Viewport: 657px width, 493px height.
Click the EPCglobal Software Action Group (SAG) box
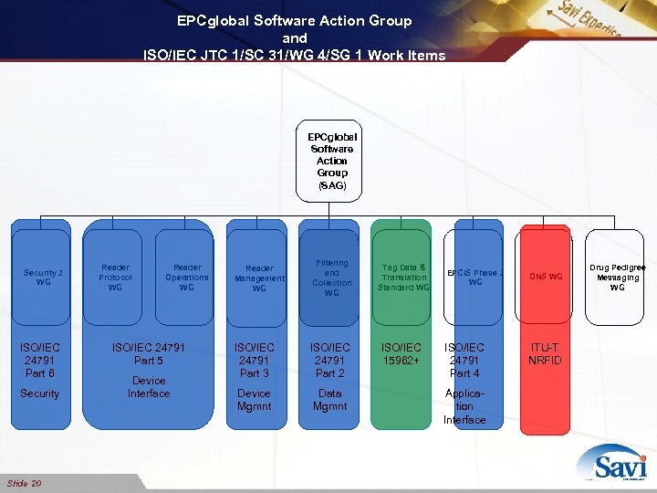tap(332, 161)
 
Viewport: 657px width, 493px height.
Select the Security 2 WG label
tap(43, 278)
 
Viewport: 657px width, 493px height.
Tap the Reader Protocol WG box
tap(115, 278)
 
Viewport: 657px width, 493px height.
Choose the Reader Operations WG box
tap(187, 278)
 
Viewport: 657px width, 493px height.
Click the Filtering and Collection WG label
tap(331, 278)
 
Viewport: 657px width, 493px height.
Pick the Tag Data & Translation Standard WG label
tap(404, 278)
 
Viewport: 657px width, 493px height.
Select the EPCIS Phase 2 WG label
tap(474, 278)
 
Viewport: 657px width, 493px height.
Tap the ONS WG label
tap(548, 277)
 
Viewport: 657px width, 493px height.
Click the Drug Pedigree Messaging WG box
tap(618, 278)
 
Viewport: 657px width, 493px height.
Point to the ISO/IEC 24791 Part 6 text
tap(40, 361)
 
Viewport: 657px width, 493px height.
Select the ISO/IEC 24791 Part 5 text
tap(148, 354)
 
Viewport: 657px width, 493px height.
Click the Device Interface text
tap(149, 387)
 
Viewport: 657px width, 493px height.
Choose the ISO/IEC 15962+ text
tap(401, 354)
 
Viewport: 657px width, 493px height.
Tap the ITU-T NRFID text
tap(546, 354)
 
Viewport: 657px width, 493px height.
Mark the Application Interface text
tap(464, 407)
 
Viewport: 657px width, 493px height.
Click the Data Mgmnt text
tap(329, 400)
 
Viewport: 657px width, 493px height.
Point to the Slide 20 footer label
tap(24, 483)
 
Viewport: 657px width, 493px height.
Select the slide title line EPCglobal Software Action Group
tap(295, 20)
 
